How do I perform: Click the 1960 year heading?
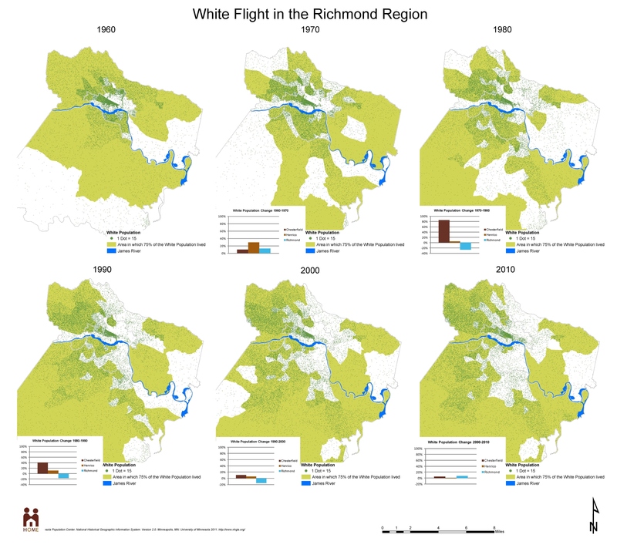107,30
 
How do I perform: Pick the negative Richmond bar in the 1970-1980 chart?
465,246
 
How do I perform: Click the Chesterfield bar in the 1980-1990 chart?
42,467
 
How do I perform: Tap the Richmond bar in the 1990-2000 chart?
261,480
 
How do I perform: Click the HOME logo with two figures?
31,518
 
